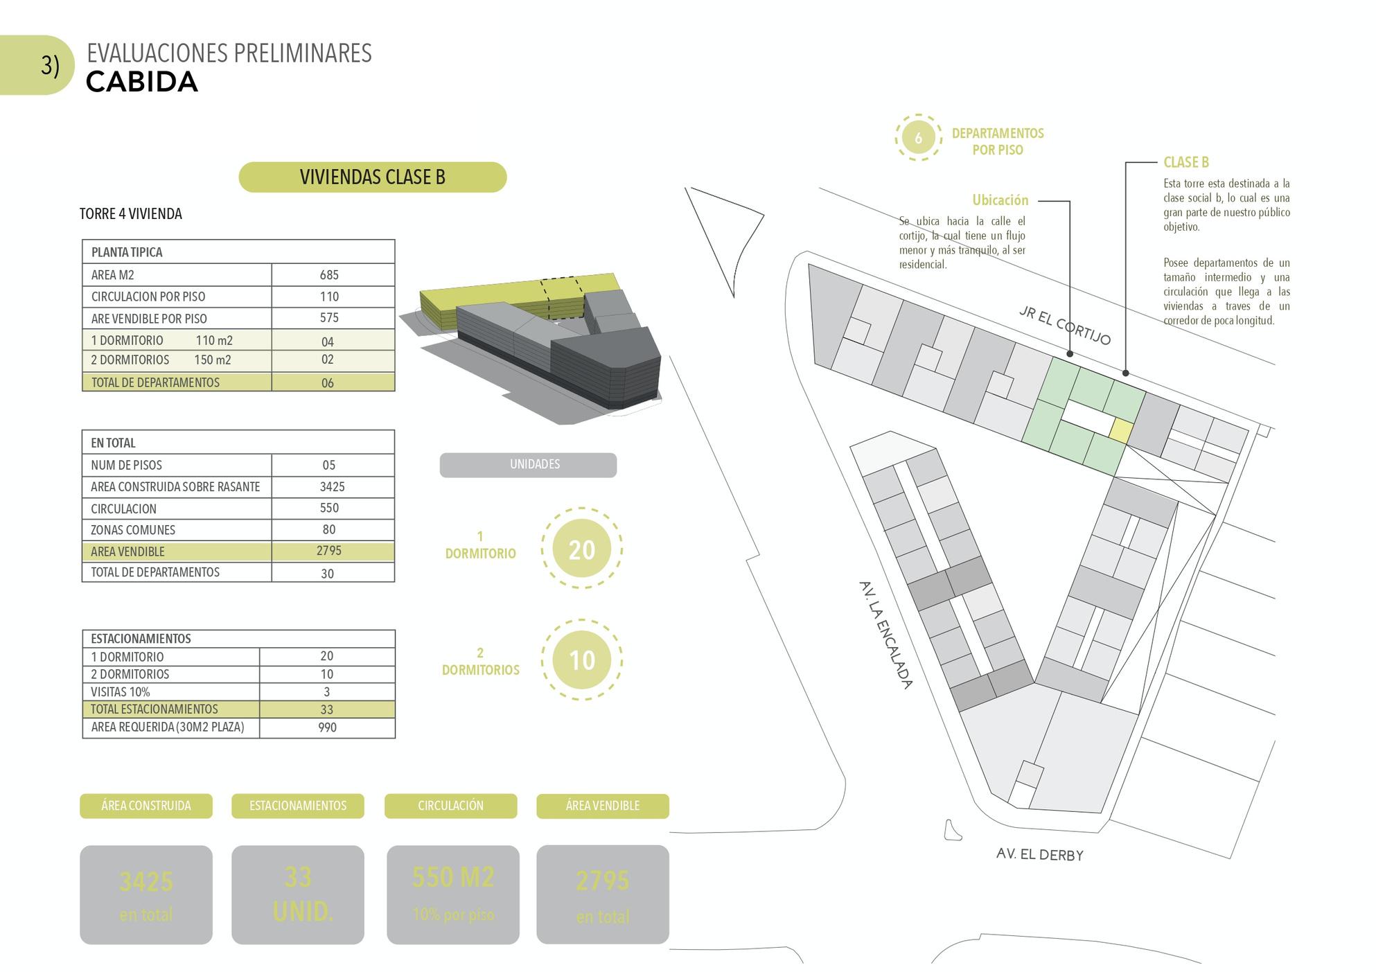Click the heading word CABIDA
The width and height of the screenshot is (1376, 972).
click(x=142, y=82)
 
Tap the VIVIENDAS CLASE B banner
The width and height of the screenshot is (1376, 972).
click(x=372, y=177)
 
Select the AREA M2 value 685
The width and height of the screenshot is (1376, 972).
click(x=329, y=275)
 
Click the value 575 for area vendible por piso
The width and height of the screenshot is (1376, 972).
click(x=329, y=318)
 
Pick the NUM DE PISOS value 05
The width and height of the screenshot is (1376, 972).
click(x=328, y=465)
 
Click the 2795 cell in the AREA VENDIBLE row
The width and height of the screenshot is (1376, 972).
click(x=329, y=551)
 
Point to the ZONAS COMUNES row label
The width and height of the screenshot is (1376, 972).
click(x=133, y=530)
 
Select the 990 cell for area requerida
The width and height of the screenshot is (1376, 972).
click(x=327, y=727)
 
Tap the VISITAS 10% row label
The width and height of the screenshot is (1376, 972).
click(x=121, y=691)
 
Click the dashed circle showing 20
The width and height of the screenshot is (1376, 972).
click(x=581, y=549)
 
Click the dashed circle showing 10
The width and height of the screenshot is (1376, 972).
click(x=581, y=660)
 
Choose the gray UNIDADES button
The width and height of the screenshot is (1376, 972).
click(x=528, y=465)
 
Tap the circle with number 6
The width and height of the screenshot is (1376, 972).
click(x=918, y=138)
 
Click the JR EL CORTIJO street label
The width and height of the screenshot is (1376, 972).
click(x=1065, y=325)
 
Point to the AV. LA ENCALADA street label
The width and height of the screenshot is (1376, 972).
click(x=885, y=635)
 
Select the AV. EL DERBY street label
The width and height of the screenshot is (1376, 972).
click(x=1039, y=854)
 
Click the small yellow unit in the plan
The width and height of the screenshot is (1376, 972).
click(x=1120, y=430)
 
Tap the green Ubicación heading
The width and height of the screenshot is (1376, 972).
click(x=1000, y=200)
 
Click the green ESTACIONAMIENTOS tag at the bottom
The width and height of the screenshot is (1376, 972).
click(x=298, y=806)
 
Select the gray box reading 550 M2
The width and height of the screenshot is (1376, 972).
click(x=453, y=894)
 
